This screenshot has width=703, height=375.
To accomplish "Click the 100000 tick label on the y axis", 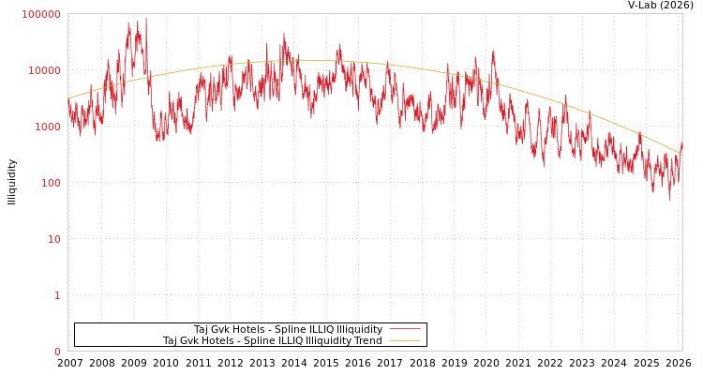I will [41, 14].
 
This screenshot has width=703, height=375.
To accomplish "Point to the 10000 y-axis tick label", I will [44, 70].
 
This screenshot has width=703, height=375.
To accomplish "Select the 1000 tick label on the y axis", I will [47, 127].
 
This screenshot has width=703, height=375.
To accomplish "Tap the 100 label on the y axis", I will [50, 183].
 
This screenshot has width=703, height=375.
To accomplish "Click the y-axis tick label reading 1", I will [56, 295].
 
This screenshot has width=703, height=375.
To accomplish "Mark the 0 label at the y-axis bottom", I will [56, 352].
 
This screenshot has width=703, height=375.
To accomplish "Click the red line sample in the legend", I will [404, 329].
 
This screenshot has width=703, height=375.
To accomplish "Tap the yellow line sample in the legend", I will [404, 341].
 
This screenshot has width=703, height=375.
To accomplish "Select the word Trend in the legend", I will [366, 341].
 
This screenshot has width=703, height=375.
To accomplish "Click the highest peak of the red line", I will [145, 18].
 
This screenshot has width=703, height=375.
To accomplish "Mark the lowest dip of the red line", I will [669, 198].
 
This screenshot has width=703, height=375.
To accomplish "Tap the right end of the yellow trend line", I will [681, 155].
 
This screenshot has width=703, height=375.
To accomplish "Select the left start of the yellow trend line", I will [68, 97].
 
